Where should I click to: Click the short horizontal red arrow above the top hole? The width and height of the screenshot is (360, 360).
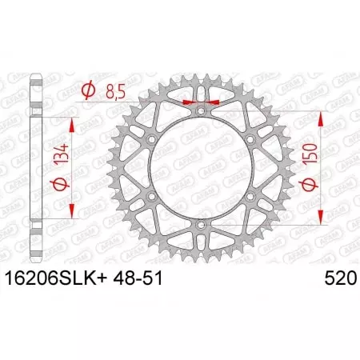tap(200, 102)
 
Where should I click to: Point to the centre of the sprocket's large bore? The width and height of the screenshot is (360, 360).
tap(200, 170)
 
